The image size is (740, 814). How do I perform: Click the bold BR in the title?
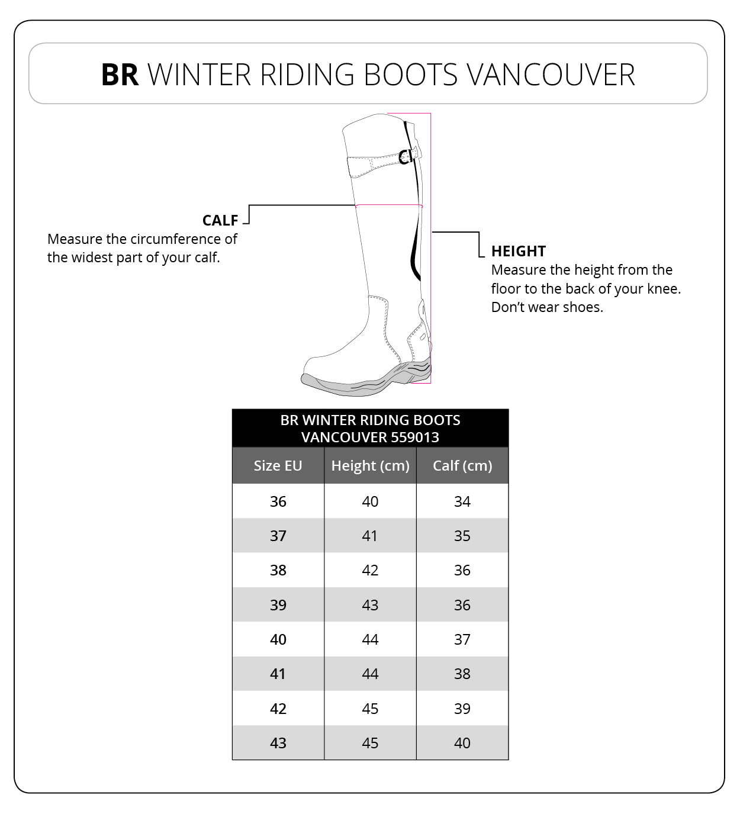pos(120,75)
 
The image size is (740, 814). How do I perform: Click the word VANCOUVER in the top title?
pos(551,75)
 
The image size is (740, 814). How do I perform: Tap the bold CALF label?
pos(220,220)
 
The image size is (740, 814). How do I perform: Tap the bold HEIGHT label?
pos(519,251)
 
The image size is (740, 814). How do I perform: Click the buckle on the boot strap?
pos(406,156)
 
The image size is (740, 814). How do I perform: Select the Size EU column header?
pos(278,466)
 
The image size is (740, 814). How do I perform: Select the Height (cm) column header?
pos(370,466)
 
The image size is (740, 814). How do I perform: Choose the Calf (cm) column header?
pos(462,466)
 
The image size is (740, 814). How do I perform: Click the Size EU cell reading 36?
pos(278,501)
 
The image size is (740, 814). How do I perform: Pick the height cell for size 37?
pos(370,536)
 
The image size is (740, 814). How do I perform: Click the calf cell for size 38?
pos(462,570)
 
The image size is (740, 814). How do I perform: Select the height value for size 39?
pos(370,605)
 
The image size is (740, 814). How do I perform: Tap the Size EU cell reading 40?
pos(278,639)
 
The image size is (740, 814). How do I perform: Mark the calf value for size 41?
pos(462,674)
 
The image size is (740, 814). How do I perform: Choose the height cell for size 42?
pos(370,709)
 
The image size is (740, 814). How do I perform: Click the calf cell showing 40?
pos(462,743)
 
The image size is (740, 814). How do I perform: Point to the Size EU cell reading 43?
pos(278,743)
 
